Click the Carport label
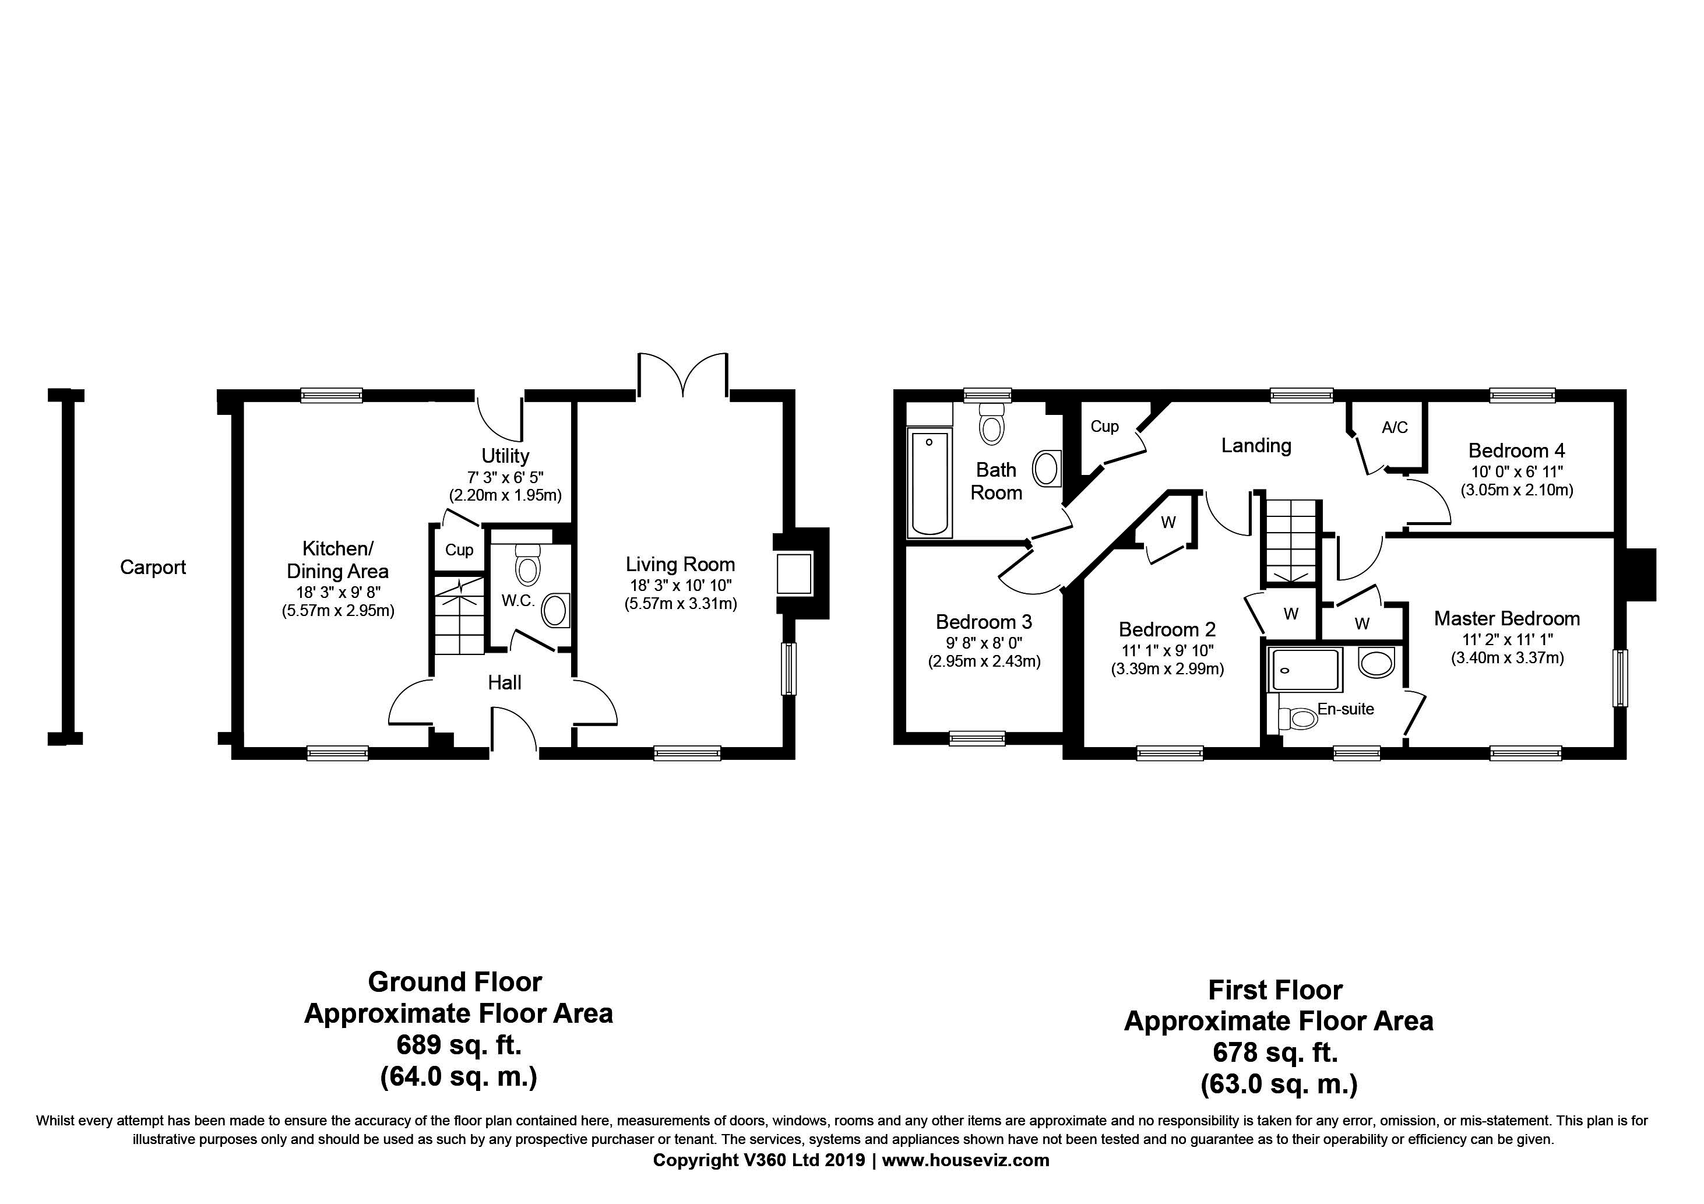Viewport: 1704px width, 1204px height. click(153, 568)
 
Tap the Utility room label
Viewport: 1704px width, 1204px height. click(505, 456)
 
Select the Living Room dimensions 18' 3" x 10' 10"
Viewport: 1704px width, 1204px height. click(681, 585)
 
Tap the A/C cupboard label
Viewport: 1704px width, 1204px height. click(1395, 428)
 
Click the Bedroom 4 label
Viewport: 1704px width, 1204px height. click(1517, 450)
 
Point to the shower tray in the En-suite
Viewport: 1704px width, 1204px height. click(1305, 670)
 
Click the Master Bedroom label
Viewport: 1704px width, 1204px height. click(1506, 619)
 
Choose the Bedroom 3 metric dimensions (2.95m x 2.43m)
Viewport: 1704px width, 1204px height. click(985, 661)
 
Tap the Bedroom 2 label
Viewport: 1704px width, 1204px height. click(1167, 630)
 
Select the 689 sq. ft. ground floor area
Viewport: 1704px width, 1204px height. click(459, 1045)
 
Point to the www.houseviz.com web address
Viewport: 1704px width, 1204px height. click(966, 1160)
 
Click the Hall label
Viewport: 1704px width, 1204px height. click(505, 683)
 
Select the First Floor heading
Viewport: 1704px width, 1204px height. click(1276, 990)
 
